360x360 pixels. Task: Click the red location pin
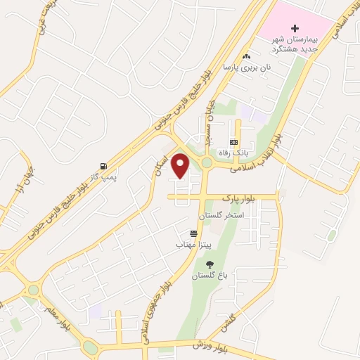click(x=181, y=165)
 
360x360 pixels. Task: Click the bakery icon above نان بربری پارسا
click(x=246, y=56)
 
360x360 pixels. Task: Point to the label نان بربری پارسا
click(x=247, y=67)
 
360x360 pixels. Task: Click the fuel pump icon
click(x=104, y=167)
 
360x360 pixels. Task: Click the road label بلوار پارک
click(x=237, y=199)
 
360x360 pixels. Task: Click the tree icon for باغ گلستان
click(x=210, y=264)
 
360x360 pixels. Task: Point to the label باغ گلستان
click(x=209, y=276)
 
